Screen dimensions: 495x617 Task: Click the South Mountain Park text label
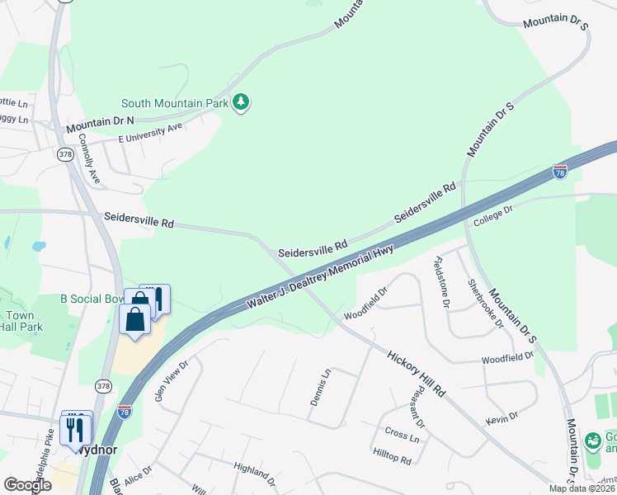[x=175, y=103]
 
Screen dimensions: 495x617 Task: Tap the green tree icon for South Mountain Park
[x=241, y=102]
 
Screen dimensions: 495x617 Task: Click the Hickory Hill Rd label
[x=416, y=372]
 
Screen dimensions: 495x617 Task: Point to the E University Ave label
[x=149, y=132]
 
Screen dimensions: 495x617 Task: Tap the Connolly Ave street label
[x=94, y=164]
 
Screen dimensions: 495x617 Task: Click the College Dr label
[x=493, y=216]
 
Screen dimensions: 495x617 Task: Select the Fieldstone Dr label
[x=440, y=282]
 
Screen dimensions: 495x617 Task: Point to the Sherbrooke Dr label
[x=485, y=303]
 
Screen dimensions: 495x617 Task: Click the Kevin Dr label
[x=501, y=420]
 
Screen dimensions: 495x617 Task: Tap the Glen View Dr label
[x=172, y=379]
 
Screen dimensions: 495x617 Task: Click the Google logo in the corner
[x=27, y=485]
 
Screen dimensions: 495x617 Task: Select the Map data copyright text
[x=581, y=488]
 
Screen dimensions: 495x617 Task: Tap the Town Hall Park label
[x=18, y=322]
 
